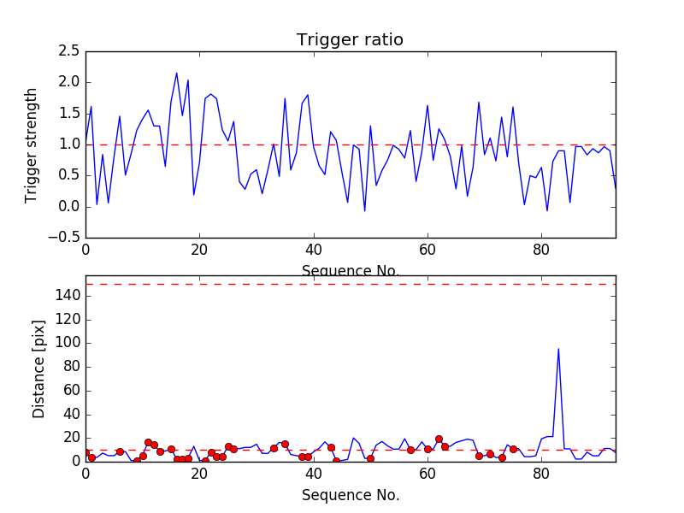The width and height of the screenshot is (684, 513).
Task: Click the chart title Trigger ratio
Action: [350, 40]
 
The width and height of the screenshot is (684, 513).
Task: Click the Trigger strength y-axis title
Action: [32, 144]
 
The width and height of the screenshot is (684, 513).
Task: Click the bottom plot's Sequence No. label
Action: [351, 495]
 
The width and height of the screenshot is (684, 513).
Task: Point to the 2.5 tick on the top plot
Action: [69, 51]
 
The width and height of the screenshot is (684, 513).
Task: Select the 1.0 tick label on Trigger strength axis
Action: [69, 144]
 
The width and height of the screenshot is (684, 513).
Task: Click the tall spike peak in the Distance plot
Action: [558, 349]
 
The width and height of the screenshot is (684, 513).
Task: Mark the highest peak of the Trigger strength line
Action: [176, 74]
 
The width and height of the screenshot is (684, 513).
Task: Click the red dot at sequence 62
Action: [439, 439]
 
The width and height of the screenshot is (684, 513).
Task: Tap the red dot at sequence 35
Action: [285, 444]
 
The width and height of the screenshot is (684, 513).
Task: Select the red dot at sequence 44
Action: [336, 461]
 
